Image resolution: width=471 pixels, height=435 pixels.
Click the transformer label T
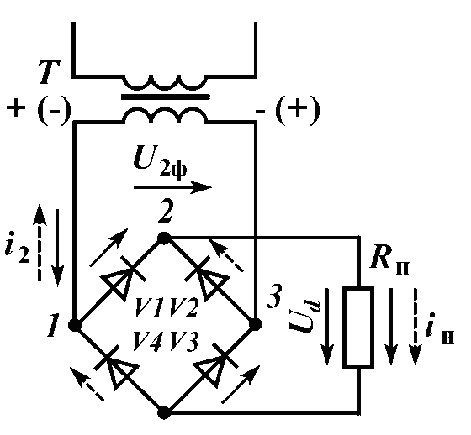pos(50,72)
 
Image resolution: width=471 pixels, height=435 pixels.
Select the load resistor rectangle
pos(358,327)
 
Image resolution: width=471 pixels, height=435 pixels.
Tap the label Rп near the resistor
pos(389,259)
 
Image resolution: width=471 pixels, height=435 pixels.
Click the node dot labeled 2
pos(164,238)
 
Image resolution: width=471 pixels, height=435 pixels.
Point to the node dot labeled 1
pos(75,325)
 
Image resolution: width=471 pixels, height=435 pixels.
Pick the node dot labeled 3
pos(256,324)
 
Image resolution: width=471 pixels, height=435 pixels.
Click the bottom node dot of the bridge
pos(164,413)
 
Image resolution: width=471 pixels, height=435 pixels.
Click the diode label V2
pos(183,307)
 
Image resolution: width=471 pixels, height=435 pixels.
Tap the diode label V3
pos(183,341)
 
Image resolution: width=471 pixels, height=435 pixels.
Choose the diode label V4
pos(150,341)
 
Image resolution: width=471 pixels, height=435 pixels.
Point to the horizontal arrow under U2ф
pos(172,187)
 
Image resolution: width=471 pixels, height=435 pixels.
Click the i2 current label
pos(17,247)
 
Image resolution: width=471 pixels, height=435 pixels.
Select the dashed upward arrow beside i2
pos(40,243)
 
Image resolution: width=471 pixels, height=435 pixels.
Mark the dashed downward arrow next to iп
pos(415,327)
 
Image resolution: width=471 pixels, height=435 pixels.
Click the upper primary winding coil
pos(165,82)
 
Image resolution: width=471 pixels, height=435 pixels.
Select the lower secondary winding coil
pos(165,116)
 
